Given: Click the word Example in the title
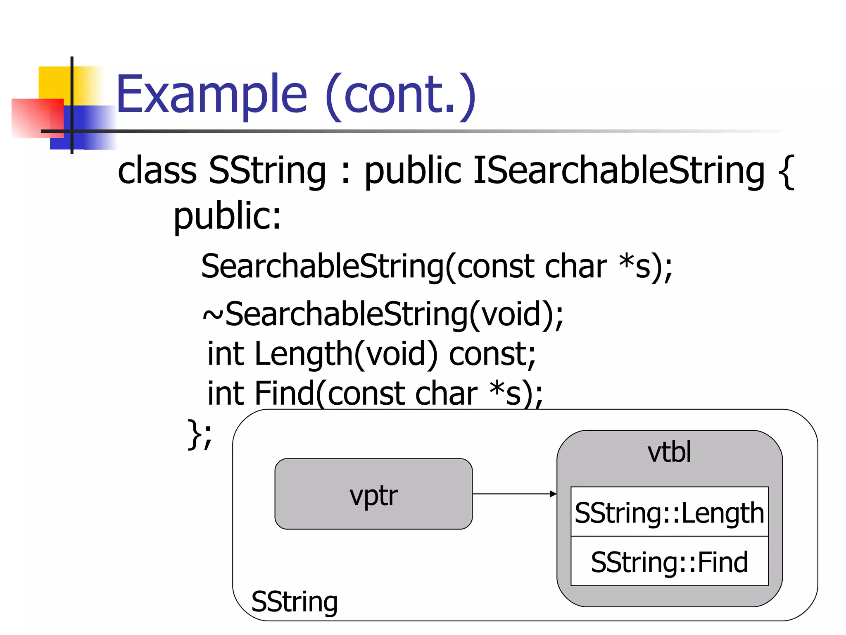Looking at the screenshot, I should pyautogui.click(x=211, y=95).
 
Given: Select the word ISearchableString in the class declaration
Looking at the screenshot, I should pyautogui.click(x=618, y=170).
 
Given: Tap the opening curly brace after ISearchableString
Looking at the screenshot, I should pyautogui.click(x=786, y=172).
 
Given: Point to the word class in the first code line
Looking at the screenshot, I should pyautogui.click(x=157, y=170).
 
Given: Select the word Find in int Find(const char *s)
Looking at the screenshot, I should pyautogui.click(x=284, y=393).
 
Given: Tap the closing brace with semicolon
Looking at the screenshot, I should pyautogui.click(x=200, y=434).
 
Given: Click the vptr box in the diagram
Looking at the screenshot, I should pyautogui.click(x=373, y=494).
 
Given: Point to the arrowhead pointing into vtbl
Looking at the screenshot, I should pyautogui.click(x=553, y=494).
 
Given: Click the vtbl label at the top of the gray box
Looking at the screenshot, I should pyautogui.click(x=669, y=452).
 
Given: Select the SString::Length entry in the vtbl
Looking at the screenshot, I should pyautogui.click(x=669, y=513).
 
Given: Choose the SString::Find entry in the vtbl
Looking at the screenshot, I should pyautogui.click(x=669, y=562).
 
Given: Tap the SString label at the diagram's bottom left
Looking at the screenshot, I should pyautogui.click(x=295, y=602).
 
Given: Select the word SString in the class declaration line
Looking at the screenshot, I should pyautogui.click(x=267, y=170).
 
